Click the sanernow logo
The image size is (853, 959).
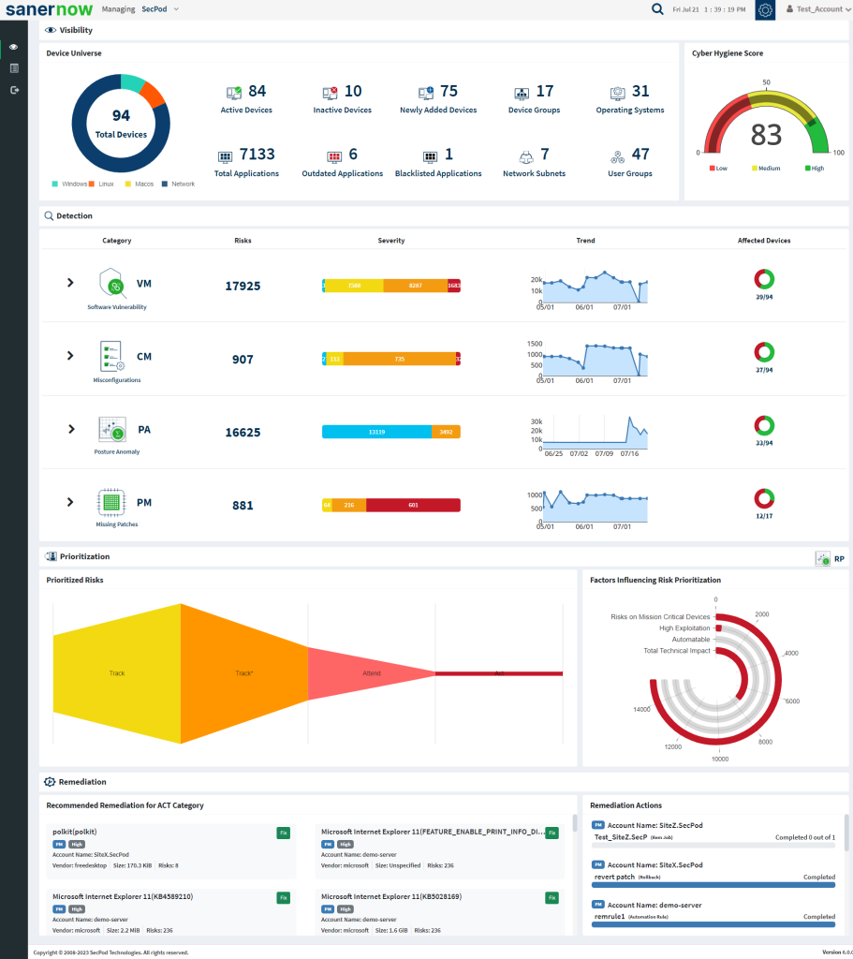(x=48, y=9)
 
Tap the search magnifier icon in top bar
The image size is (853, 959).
(x=657, y=9)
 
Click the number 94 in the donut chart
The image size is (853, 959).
(x=121, y=115)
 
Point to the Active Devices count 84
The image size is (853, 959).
(x=257, y=91)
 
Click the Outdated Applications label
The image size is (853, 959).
(x=342, y=173)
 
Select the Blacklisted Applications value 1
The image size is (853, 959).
(x=449, y=155)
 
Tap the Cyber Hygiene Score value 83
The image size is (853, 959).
(x=766, y=136)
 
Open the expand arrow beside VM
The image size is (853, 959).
(x=70, y=282)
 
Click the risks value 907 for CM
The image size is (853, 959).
(x=243, y=359)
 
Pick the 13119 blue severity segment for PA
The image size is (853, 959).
(x=376, y=432)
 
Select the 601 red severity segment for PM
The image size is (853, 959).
(x=413, y=505)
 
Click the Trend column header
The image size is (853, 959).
(x=585, y=241)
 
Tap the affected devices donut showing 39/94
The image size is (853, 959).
(x=764, y=279)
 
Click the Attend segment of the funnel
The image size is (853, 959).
(x=372, y=672)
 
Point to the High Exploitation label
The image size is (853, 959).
(x=684, y=627)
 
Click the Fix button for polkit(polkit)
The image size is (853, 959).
(x=284, y=832)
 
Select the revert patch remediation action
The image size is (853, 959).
(x=614, y=877)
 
